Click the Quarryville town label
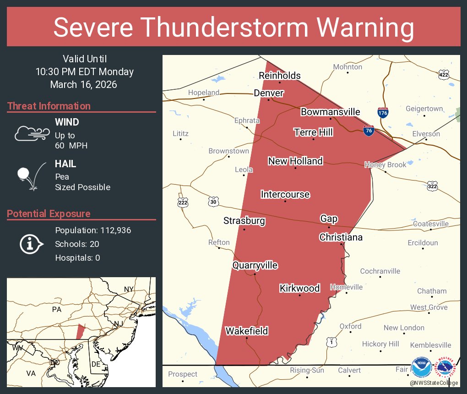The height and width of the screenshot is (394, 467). pyautogui.click(x=255, y=265)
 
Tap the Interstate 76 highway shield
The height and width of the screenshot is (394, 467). pyautogui.click(x=368, y=131)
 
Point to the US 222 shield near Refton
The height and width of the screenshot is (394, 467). pyautogui.click(x=183, y=202)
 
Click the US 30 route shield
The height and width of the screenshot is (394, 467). pyautogui.click(x=214, y=202)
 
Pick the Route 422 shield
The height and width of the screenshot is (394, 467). pyautogui.click(x=444, y=75)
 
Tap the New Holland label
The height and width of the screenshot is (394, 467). pyautogui.click(x=295, y=161)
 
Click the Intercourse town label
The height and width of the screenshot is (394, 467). pyautogui.click(x=285, y=194)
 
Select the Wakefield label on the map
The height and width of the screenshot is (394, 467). pyautogui.click(x=246, y=331)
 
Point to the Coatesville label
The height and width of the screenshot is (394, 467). pyautogui.click(x=430, y=224)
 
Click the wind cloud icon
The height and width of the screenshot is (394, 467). pyautogui.click(x=31, y=133)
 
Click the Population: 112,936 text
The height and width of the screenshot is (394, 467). pyautogui.click(x=93, y=230)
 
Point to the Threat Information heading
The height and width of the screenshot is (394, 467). pyautogui.click(x=49, y=106)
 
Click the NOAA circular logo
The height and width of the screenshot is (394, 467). pyautogui.click(x=421, y=368)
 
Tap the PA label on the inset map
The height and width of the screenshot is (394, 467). pyautogui.click(x=57, y=309)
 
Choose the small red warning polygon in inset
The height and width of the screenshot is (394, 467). pyautogui.click(x=80, y=331)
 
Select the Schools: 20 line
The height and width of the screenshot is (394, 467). pyautogui.click(x=77, y=244)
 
